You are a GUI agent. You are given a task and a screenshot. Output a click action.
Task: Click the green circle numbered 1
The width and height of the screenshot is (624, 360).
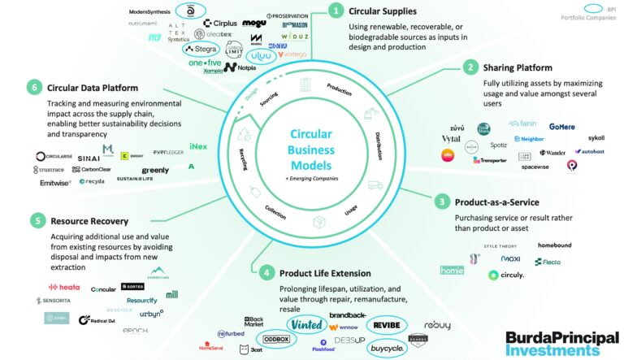tap(335, 11)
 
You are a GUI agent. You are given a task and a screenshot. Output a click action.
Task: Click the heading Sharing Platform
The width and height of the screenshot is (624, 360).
tap(518, 67)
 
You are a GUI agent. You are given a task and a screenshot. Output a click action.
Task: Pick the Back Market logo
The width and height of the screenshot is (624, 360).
tap(253, 322)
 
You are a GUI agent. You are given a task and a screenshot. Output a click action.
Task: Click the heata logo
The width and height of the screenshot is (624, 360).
tap(64, 287)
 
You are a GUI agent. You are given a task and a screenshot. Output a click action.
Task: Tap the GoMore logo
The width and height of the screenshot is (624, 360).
tap(561, 127)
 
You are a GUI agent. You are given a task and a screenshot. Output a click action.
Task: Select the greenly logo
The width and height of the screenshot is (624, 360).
tap(155, 170)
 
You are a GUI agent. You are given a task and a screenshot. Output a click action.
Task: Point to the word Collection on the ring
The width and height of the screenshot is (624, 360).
tap(275, 209)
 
